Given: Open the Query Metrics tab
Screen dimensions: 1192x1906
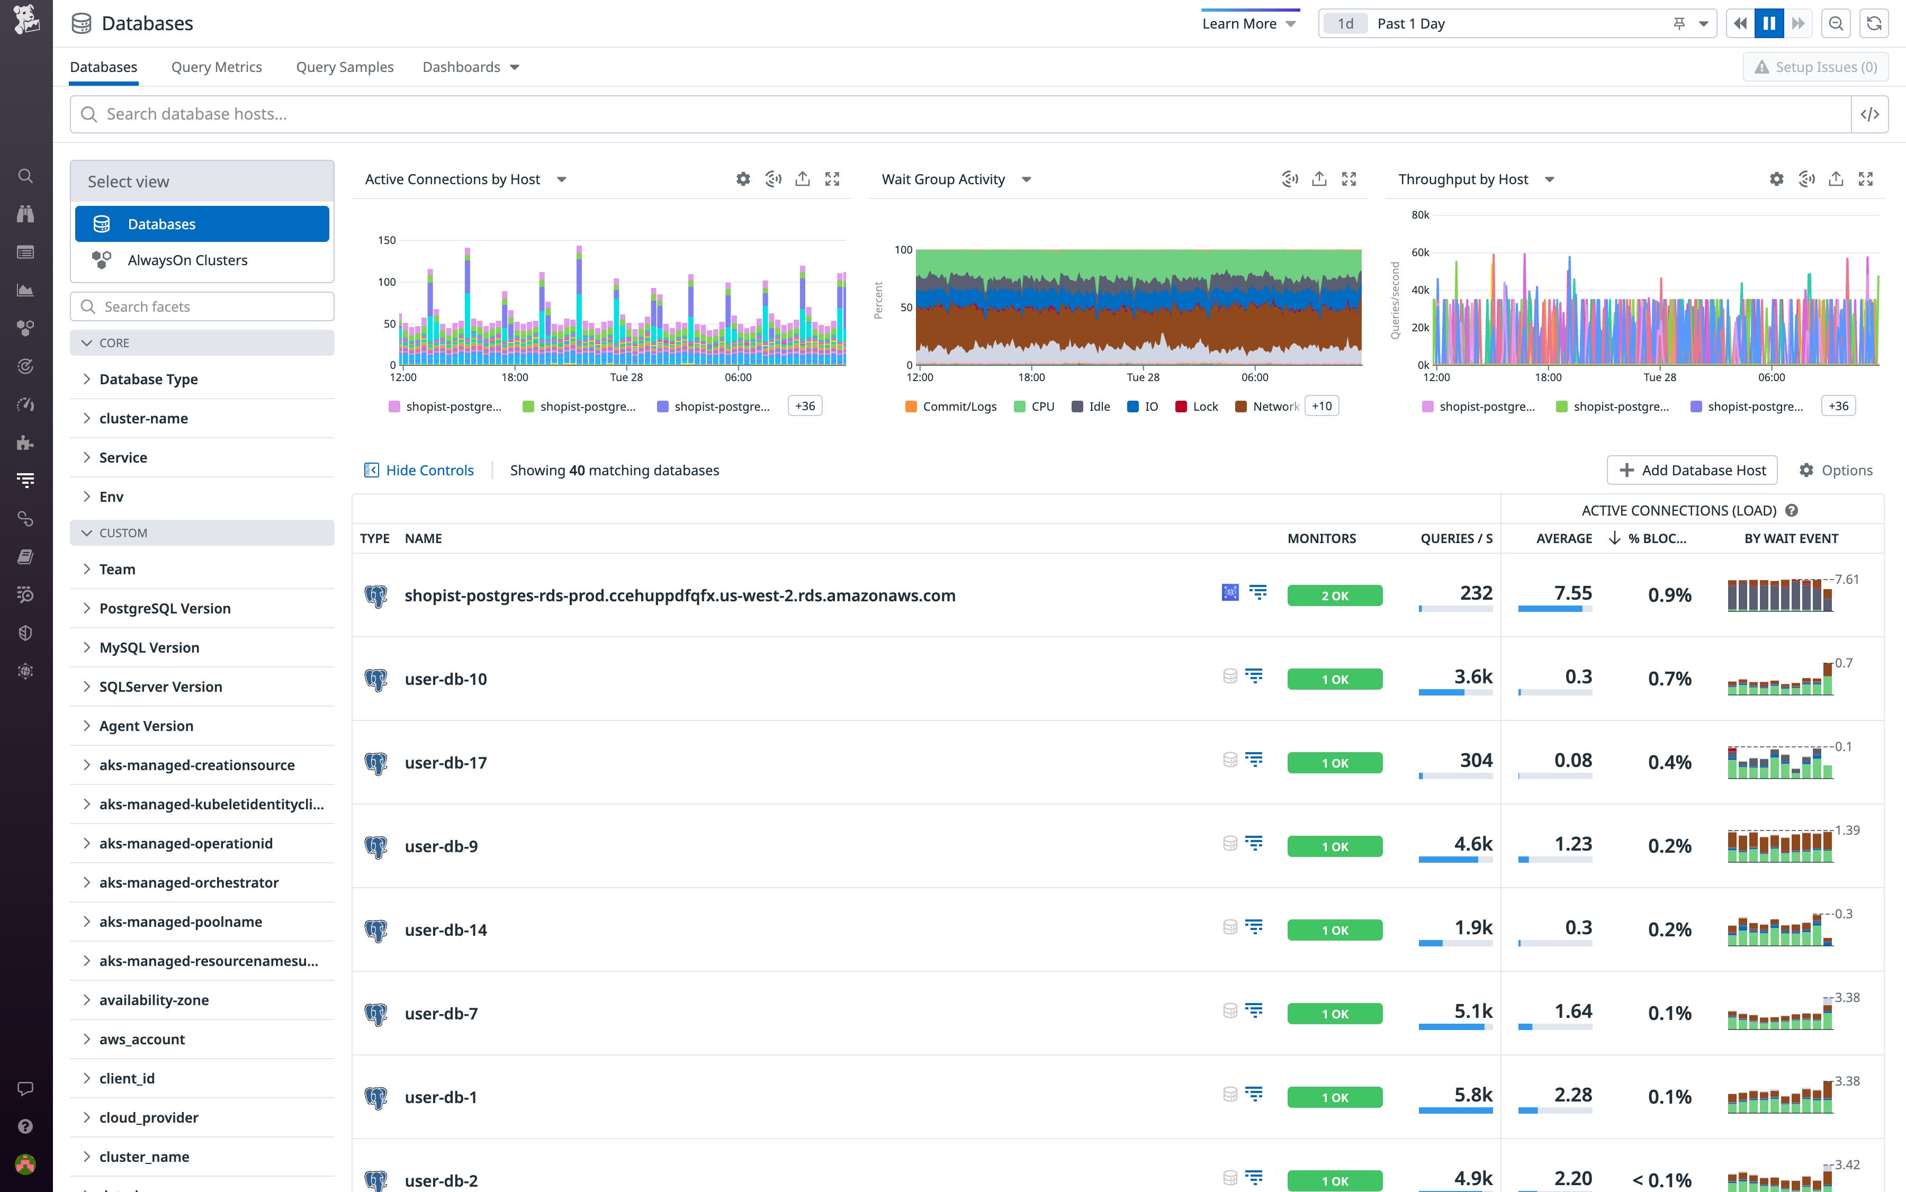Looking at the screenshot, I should click(x=216, y=67).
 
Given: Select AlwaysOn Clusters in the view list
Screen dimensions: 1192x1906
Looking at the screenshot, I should click(x=187, y=260).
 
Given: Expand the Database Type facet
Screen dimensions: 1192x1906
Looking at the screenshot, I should click(x=148, y=379).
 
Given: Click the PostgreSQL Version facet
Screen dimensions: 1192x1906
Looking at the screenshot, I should click(x=165, y=609).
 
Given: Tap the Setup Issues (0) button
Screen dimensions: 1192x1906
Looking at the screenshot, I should click(x=1814, y=67).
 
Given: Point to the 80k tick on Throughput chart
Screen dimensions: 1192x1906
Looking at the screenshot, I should click(x=1419, y=215).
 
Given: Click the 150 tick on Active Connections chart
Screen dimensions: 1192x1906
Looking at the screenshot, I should click(x=386, y=240).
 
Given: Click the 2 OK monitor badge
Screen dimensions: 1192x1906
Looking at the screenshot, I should click(x=1334, y=596).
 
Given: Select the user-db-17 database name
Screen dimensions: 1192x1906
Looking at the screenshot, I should click(x=446, y=763).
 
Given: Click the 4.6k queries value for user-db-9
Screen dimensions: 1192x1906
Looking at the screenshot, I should click(x=1472, y=844).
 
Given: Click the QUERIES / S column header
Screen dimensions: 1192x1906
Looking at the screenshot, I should click(x=1456, y=538).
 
